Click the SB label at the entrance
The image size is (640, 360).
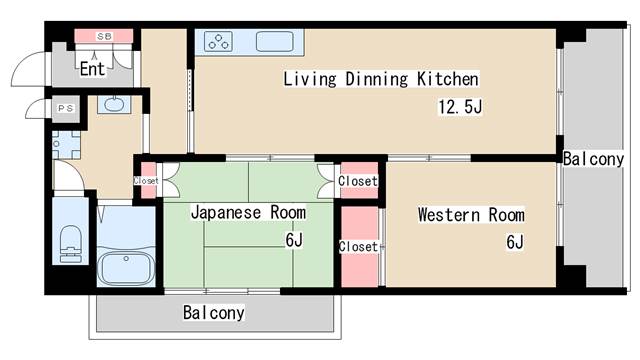[104, 36]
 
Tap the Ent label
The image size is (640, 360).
[92, 69]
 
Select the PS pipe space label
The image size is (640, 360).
[65, 109]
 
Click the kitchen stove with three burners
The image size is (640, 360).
[218, 41]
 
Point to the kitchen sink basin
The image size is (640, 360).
[275, 42]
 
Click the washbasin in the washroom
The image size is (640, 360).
[114, 104]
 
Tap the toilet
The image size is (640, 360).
[71, 244]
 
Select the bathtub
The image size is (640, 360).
[126, 268]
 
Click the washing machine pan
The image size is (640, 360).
[66, 145]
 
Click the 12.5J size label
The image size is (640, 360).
[460, 107]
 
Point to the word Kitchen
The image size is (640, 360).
[448, 79]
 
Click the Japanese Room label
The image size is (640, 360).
[249, 213]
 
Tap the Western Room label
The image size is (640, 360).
[471, 215]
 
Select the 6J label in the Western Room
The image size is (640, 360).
[515, 242]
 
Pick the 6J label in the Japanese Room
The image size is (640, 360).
[294, 240]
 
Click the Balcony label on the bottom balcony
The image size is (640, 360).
[213, 313]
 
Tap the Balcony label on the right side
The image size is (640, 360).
[593, 159]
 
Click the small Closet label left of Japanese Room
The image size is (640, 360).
[146, 180]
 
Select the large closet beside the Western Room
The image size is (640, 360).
[359, 247]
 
